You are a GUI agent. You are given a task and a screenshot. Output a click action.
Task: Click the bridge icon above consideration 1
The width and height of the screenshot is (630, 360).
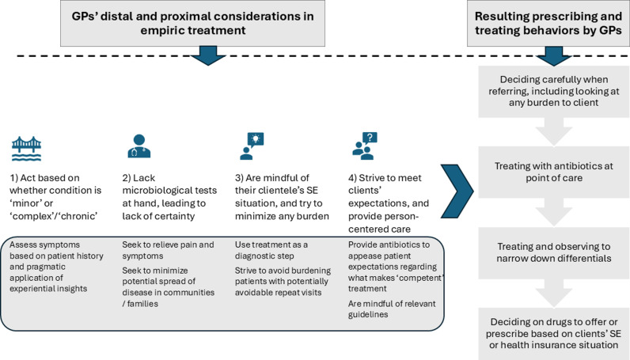pyautogui.click(x=27, y=148)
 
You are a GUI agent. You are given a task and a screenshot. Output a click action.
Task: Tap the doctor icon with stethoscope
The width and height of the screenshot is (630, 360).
pyautogui.click(x=139, y=146)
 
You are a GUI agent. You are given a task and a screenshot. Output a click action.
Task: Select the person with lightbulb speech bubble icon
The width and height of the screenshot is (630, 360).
pyautogui.click(x=252, y=146)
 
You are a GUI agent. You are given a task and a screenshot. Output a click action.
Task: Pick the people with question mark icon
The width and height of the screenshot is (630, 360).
pyautogui.click(x=365, y=146)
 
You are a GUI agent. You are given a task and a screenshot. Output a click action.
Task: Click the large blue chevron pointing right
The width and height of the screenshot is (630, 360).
pyautogui.click(x=457, y=191)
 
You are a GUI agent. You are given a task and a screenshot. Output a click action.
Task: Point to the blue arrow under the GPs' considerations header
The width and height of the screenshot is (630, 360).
pyautogui.click(x=208, y=55)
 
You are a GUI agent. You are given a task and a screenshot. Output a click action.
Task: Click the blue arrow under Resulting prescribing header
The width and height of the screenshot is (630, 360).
pyautogui.click(x=554, y=56)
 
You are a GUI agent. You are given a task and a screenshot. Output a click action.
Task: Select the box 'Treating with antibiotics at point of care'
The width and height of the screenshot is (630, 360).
pyautogui.click(x=554, y=172)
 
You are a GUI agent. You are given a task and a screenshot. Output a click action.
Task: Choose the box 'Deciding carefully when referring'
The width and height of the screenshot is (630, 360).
pyautogui.click(x=554, y=91)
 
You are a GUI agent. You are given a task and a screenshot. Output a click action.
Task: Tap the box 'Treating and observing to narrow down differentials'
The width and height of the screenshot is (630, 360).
pyautogui.click(x=554, y=252)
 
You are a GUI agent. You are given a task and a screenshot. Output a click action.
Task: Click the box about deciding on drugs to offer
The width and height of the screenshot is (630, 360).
pyautogui.click(x=554, y=333)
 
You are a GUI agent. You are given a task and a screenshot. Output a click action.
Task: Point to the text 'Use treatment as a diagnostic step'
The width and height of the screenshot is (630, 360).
pyautogui.click(x=271, y=250)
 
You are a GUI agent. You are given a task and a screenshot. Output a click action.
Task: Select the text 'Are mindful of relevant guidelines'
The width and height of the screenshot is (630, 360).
pyautogui.click(x=392, y=309)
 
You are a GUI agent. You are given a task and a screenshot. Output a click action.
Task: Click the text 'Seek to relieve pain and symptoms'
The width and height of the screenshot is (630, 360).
pyautogui.click(x=168, y=250)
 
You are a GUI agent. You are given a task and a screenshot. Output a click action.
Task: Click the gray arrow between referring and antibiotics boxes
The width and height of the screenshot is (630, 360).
pyautogui.click(x=554, y=132)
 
